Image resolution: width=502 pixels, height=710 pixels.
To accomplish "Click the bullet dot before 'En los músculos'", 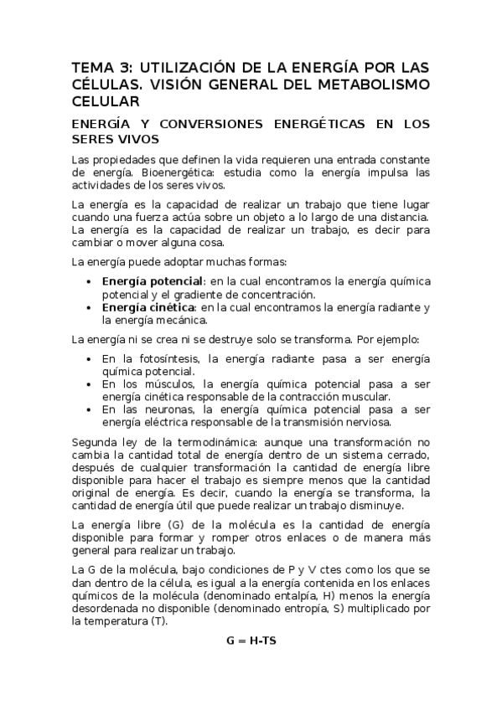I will point(91,383).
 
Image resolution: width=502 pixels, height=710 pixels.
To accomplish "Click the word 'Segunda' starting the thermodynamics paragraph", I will point(94,441).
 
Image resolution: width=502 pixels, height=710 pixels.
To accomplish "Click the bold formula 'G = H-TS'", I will point(251,641).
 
